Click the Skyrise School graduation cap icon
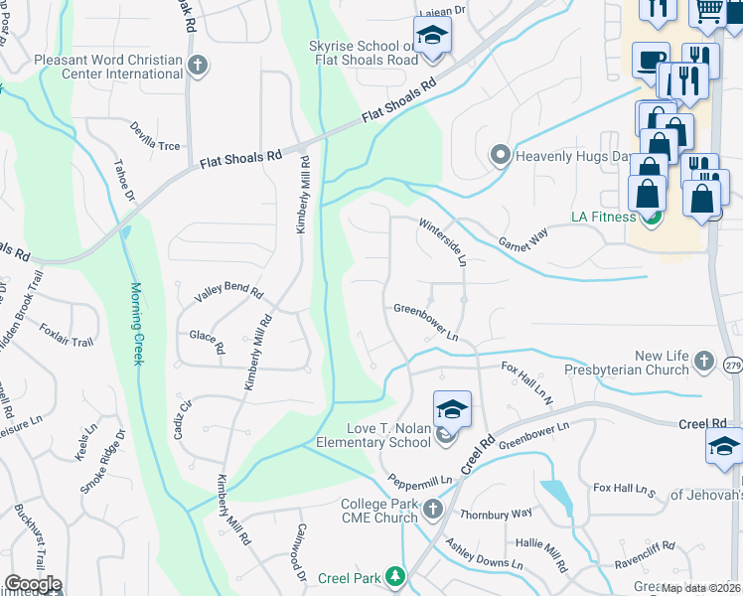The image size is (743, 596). [x=432, y=36]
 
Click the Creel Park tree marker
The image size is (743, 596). [x=396, y=576]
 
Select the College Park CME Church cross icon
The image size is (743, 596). [x=432, y=511]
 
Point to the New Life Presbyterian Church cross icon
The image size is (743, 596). [x=704, y=362]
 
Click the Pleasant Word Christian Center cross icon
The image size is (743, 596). [x=198, y=66]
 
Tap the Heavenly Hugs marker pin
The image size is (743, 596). [x=501, y=155]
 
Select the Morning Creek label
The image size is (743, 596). [x=138, y=324]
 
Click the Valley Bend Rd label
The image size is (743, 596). [x=228, y=294]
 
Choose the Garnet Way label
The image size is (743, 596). [x=522, y=234]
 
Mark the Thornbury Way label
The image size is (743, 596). [x=496, y=514]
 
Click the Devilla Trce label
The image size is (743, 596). [x=156, y=137]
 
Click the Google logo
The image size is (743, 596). [x=33, y=584]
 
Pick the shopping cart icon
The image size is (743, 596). [x=707, y=10]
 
